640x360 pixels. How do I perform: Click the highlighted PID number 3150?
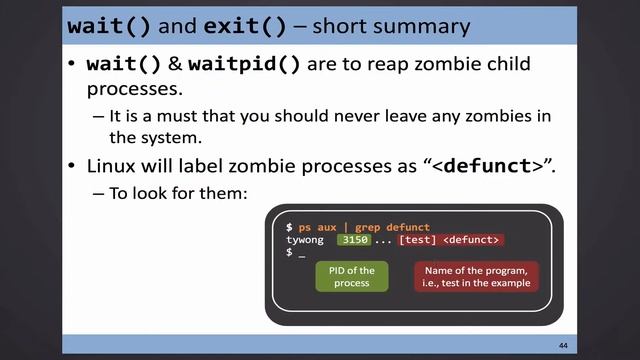355,240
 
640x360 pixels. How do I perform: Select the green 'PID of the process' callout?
352,276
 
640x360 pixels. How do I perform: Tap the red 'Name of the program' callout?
475,276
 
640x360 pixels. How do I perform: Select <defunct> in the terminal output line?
471,240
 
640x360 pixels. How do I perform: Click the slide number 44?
563,344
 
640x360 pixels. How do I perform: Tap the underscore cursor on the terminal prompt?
301,253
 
